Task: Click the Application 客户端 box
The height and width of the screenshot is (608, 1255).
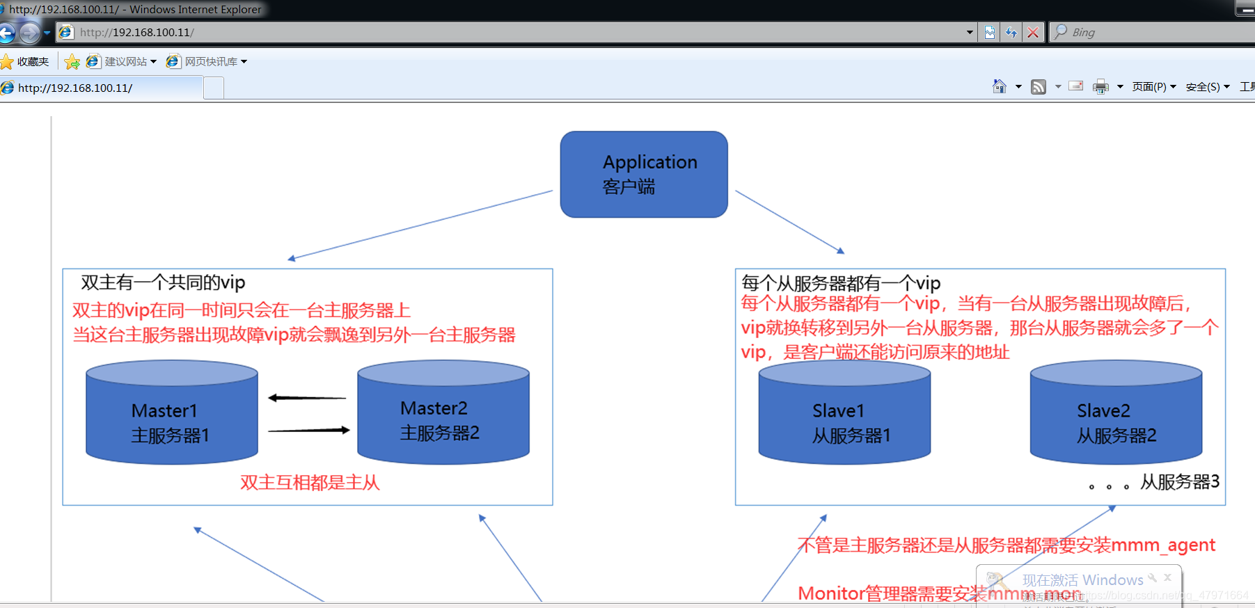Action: tap(644, 174)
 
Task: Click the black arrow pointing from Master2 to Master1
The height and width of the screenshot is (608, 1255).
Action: tap(307, 398)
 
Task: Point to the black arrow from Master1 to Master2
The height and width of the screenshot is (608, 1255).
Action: tap(308, 431)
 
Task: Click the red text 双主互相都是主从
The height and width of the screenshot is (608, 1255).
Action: tap(310, 483)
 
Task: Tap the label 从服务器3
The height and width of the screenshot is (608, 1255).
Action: tap(1179, 481)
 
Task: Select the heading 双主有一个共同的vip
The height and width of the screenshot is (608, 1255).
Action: tap(164, 282)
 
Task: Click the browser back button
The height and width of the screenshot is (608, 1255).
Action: tap(7, 33)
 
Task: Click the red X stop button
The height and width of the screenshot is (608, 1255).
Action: tap(1033, 33)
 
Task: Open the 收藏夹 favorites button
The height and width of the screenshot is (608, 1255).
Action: tap(25, 62)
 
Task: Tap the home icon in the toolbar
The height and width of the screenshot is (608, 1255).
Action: tap(1000, 86)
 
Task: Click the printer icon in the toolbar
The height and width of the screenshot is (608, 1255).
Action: tap(1100, 87)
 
